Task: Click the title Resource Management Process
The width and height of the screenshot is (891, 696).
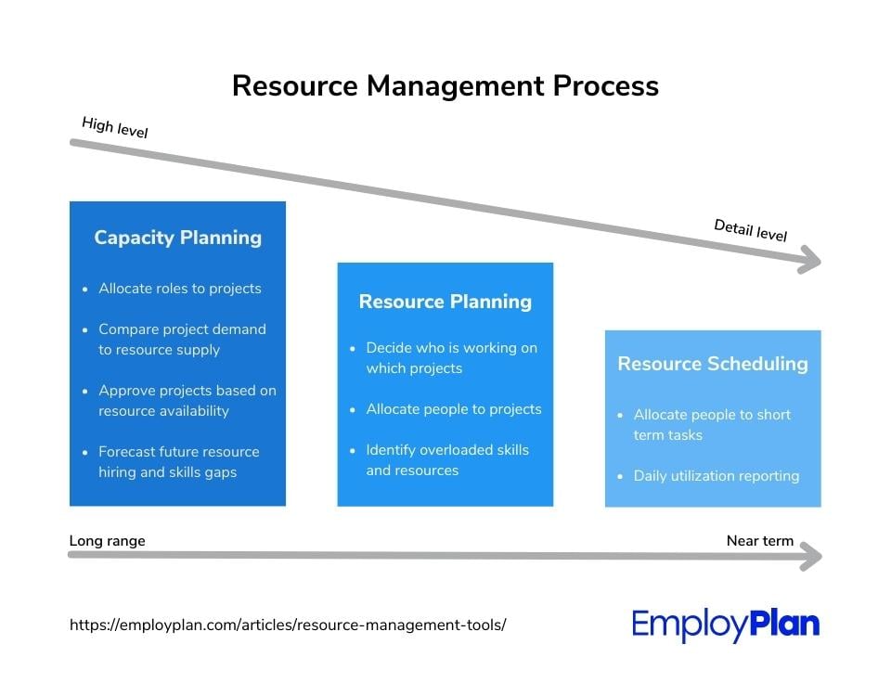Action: [x=445, y=86]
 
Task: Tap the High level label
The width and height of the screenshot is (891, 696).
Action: [x=115, y=127]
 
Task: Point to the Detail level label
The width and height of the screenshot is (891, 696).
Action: [x=751, y=230]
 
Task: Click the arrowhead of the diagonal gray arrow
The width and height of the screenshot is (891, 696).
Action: [x=809, y=260]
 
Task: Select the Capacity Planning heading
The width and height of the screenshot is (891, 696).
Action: [x=178, y=238]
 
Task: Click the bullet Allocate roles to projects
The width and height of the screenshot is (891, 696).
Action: [x=179, y=289]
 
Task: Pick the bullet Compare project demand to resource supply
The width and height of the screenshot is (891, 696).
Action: [x=182, y=340]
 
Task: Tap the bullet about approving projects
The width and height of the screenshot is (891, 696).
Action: [x=187, y=401]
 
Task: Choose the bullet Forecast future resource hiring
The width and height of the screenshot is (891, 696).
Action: [x=178, y=462]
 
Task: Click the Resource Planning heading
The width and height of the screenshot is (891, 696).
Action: [x=445, y=302]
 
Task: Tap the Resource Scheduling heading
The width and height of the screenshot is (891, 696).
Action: [x=713, y=364]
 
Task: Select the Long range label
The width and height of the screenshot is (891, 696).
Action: [x=108, y=541]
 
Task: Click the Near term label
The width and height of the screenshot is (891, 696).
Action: [x=760, y=541]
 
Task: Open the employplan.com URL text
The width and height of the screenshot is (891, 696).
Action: [x=288, y=625]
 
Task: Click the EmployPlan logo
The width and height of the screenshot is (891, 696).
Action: [x=726, y=625]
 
